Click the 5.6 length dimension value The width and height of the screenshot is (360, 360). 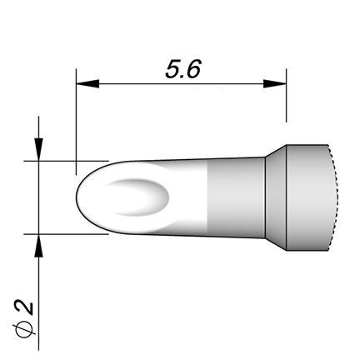tap(182, 69)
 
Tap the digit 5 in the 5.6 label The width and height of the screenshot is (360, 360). tap(173, 69)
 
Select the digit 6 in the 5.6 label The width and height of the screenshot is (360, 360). tap(193, 69)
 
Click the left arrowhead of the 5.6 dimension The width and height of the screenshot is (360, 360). tap(87, 83)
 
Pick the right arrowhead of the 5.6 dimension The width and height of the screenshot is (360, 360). tap(275, 83)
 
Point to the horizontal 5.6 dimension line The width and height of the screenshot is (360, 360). tap(181, 83)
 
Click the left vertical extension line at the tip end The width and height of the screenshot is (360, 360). tap(76, 122)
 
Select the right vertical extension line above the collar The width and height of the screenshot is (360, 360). tap(286, 95)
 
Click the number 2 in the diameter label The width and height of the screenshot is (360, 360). tap(26, 307)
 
